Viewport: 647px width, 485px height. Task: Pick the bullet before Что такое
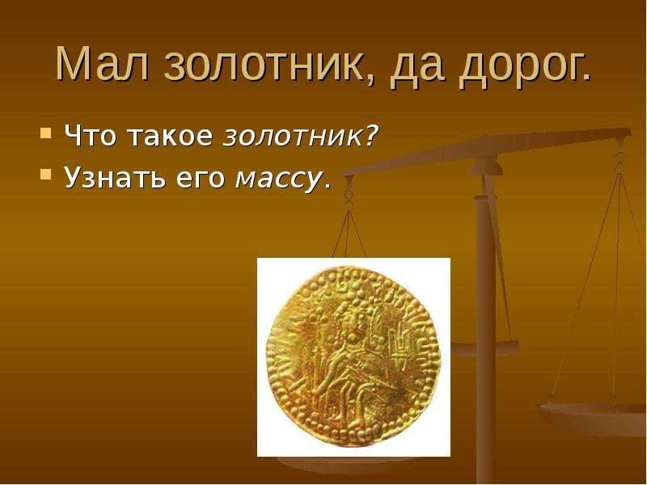pos(46,133)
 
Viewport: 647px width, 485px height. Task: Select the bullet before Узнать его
pos(46,175)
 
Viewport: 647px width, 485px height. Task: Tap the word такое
pos(171,136)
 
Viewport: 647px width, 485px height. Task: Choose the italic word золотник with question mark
pos(300,136)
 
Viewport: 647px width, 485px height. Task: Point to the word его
pos(201,180)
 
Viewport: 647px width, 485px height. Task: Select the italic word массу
pos(278,181)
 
